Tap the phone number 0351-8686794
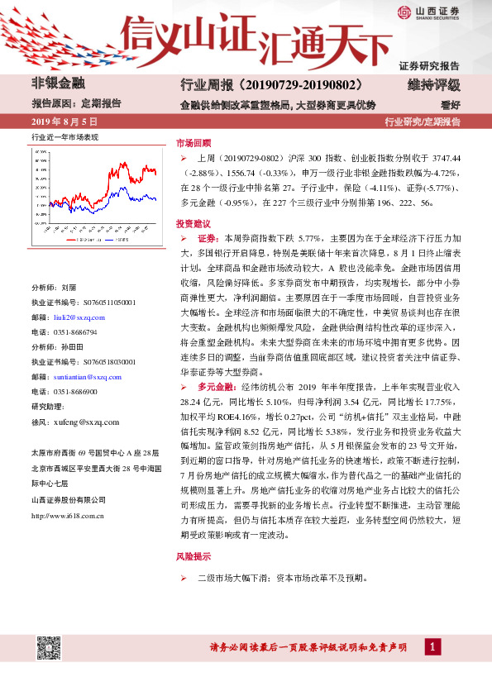point(75,331)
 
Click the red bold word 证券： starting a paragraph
point(208,237)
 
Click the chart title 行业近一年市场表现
point(64,136)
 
